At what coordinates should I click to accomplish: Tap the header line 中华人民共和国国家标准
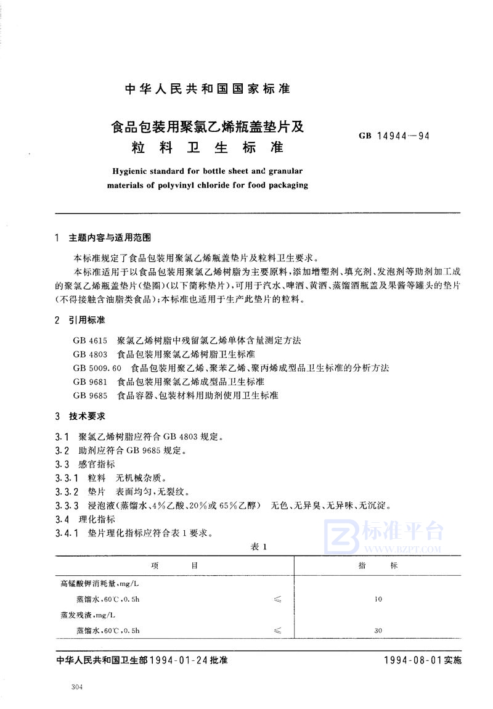(x=207, y=89)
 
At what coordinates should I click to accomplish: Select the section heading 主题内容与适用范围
(x=111, y=238)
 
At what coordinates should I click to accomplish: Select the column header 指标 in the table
(x=378, y=566)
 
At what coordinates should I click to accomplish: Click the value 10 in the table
(x=378, y=599)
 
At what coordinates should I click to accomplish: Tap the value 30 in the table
(x=378, y=630)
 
